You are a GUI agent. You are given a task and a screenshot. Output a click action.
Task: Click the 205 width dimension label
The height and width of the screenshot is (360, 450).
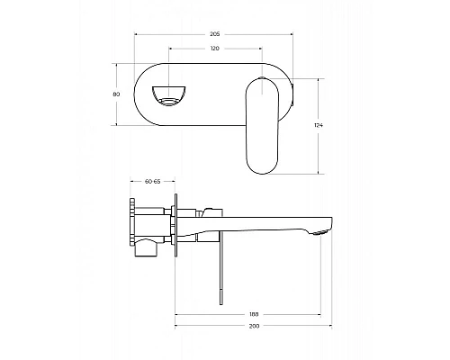tap(214, 34)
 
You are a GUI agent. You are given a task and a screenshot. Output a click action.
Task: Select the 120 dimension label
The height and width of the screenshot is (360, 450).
tap(214, 49)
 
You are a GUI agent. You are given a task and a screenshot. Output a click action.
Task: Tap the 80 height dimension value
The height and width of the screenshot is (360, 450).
tap(116, 94)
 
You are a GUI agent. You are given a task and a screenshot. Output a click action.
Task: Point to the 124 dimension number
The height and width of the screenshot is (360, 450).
tap(319, 125)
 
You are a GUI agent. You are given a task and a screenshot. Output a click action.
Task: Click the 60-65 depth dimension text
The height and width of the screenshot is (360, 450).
tap(153, 181)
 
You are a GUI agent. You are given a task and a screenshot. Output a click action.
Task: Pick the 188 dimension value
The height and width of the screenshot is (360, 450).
tap(254, 314)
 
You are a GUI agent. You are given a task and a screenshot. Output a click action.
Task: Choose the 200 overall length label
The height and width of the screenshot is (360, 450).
tap(254, 326)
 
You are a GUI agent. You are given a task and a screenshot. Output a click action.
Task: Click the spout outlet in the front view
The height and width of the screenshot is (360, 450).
tap(168, 96)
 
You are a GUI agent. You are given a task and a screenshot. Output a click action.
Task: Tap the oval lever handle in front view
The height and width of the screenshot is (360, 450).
tap(262, 125)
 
